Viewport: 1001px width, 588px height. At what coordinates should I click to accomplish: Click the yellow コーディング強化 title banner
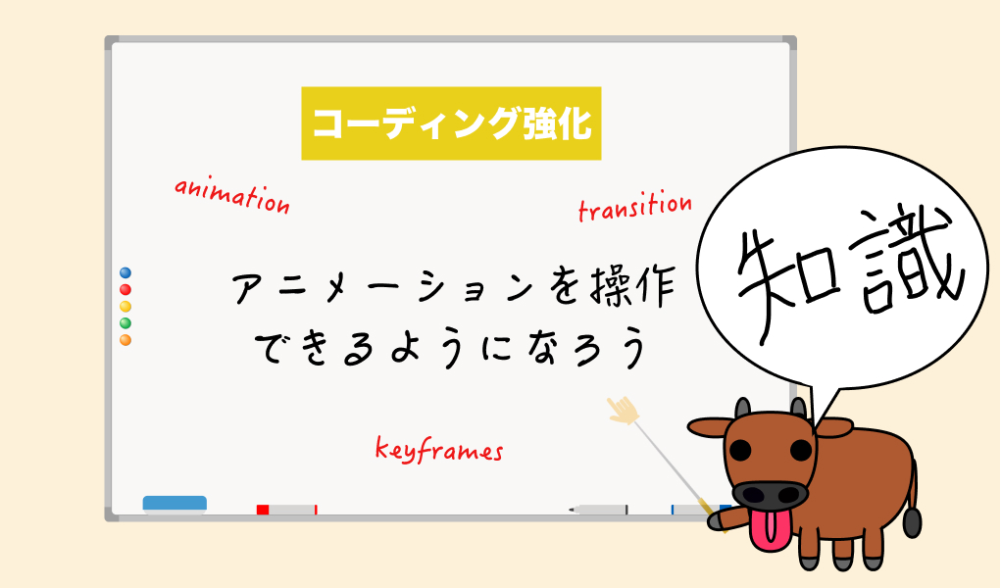click(x=451, y=123)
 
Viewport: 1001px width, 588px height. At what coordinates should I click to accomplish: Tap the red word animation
click(x=232, y=196)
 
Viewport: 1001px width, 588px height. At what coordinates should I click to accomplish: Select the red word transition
click(x=634, y=206)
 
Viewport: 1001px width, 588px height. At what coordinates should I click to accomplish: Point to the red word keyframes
click(x=439, y=450)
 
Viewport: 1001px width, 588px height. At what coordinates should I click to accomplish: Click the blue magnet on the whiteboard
click(x=125, y=273)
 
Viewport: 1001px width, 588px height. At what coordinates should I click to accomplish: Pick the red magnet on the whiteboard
click(x=125, y=290)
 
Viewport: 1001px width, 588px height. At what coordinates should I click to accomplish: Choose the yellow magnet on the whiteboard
click(x=125, y=307)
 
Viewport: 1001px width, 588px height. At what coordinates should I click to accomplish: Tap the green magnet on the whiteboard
click(x=125, y=323)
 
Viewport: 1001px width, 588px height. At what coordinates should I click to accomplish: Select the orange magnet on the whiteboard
click(x=125, y=340)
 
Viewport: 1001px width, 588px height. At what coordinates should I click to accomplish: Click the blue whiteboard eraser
click(x=175, y=504)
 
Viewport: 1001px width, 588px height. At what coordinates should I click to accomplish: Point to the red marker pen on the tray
click(x=286, y=510)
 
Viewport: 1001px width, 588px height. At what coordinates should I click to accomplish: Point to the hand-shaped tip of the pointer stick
click(x=624, y=410)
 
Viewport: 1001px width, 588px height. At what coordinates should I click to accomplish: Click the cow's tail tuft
click(x=912, y=521)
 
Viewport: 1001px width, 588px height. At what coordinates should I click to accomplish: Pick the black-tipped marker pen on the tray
click(x=599, y=510)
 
